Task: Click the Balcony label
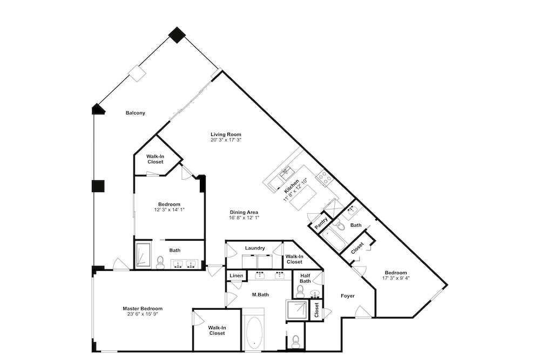(x=136, y=113)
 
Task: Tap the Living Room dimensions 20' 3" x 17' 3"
(x=226, y=140)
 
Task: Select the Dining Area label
(x=244, y=212)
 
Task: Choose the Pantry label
(x=321, y=223)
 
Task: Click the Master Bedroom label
(x=143, y=309)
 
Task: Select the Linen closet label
(x=237, y=276)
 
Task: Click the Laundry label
(x=255, y=248)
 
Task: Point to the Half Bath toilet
(x=300, y=292)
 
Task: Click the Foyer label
(x=347, y=296)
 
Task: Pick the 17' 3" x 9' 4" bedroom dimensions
(x=396, y=278)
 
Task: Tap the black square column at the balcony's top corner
(x=177, y=35)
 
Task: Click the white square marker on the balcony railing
(x=137, y=73)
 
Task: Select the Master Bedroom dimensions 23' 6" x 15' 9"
(x=143, y=314)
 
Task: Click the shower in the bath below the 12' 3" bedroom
(x=143, y=255)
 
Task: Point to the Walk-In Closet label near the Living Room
(x=156, y=159)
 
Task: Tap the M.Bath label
(x=260, y=295)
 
